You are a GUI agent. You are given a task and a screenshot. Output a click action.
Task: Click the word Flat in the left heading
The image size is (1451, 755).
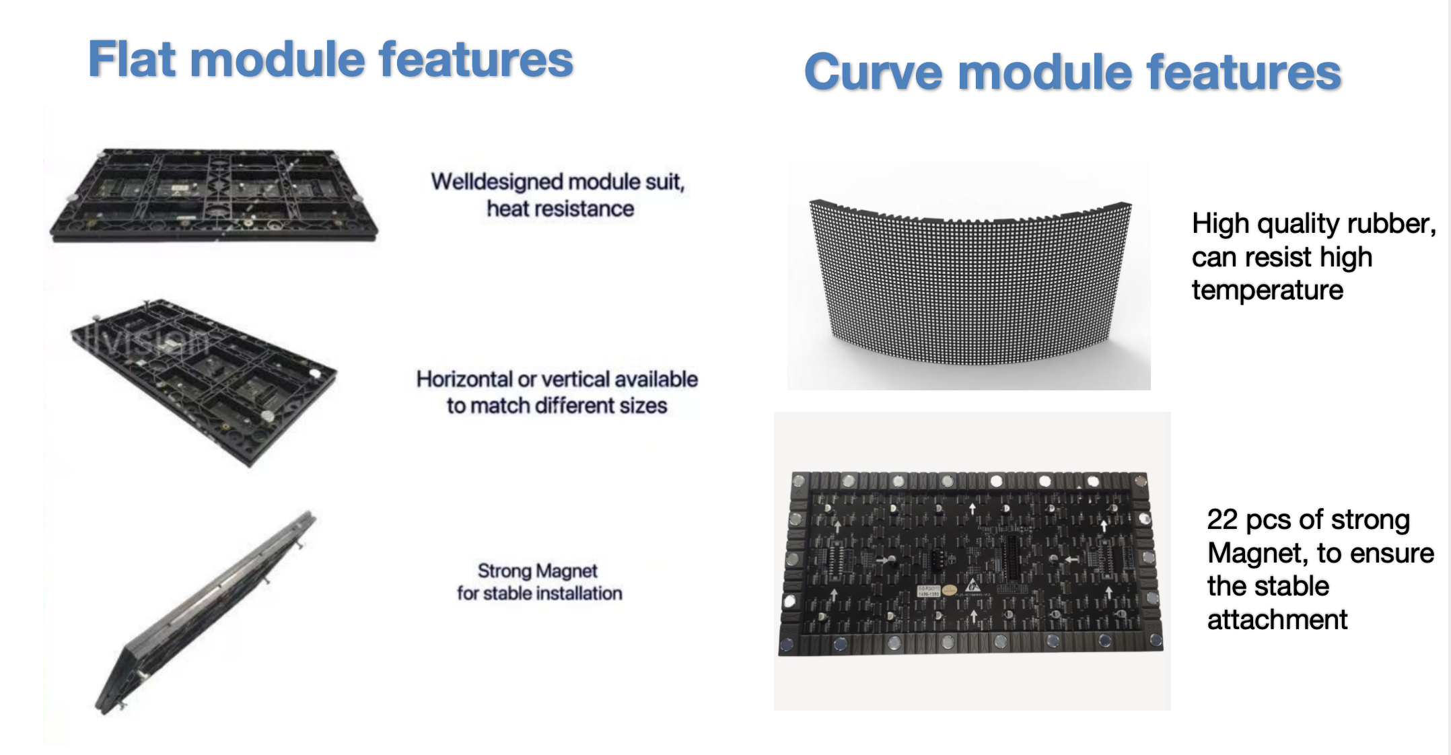[x=132, y=59]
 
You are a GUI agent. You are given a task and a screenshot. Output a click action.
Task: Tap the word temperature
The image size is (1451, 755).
[x=1267, y=290]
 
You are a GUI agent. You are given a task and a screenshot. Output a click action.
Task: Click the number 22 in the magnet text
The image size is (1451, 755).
[x=1222, y=519]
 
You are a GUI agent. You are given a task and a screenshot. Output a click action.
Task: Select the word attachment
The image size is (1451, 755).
[x=1277, y=619]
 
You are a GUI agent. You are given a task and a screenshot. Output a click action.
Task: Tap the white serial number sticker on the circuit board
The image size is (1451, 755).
[x=928, y=591]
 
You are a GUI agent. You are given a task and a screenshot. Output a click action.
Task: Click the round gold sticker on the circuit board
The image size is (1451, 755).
[x=949, y=590]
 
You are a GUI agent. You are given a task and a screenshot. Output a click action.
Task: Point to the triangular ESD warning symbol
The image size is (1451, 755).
[x=972, y=586]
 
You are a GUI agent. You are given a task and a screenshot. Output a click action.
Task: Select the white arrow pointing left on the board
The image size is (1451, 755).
[x=1072, y=559]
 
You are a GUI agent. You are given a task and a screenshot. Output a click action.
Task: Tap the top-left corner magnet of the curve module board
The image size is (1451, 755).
[x=800, y=482]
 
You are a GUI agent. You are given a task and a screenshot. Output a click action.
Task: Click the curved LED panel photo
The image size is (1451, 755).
[x=969, y=276]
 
